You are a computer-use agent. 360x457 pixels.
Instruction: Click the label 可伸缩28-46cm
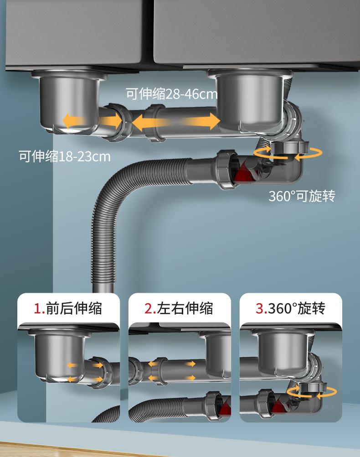click(171, 94)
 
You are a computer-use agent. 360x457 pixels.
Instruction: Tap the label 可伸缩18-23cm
click(64, 156)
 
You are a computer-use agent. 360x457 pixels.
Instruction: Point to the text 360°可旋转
click(302, 196)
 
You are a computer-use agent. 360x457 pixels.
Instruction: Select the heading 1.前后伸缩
click(68, 308)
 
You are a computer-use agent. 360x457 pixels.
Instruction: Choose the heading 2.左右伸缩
click(179, 308)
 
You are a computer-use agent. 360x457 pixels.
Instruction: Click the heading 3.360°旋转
click(290, 308)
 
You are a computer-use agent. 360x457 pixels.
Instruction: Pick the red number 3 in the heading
click(260, 309)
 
